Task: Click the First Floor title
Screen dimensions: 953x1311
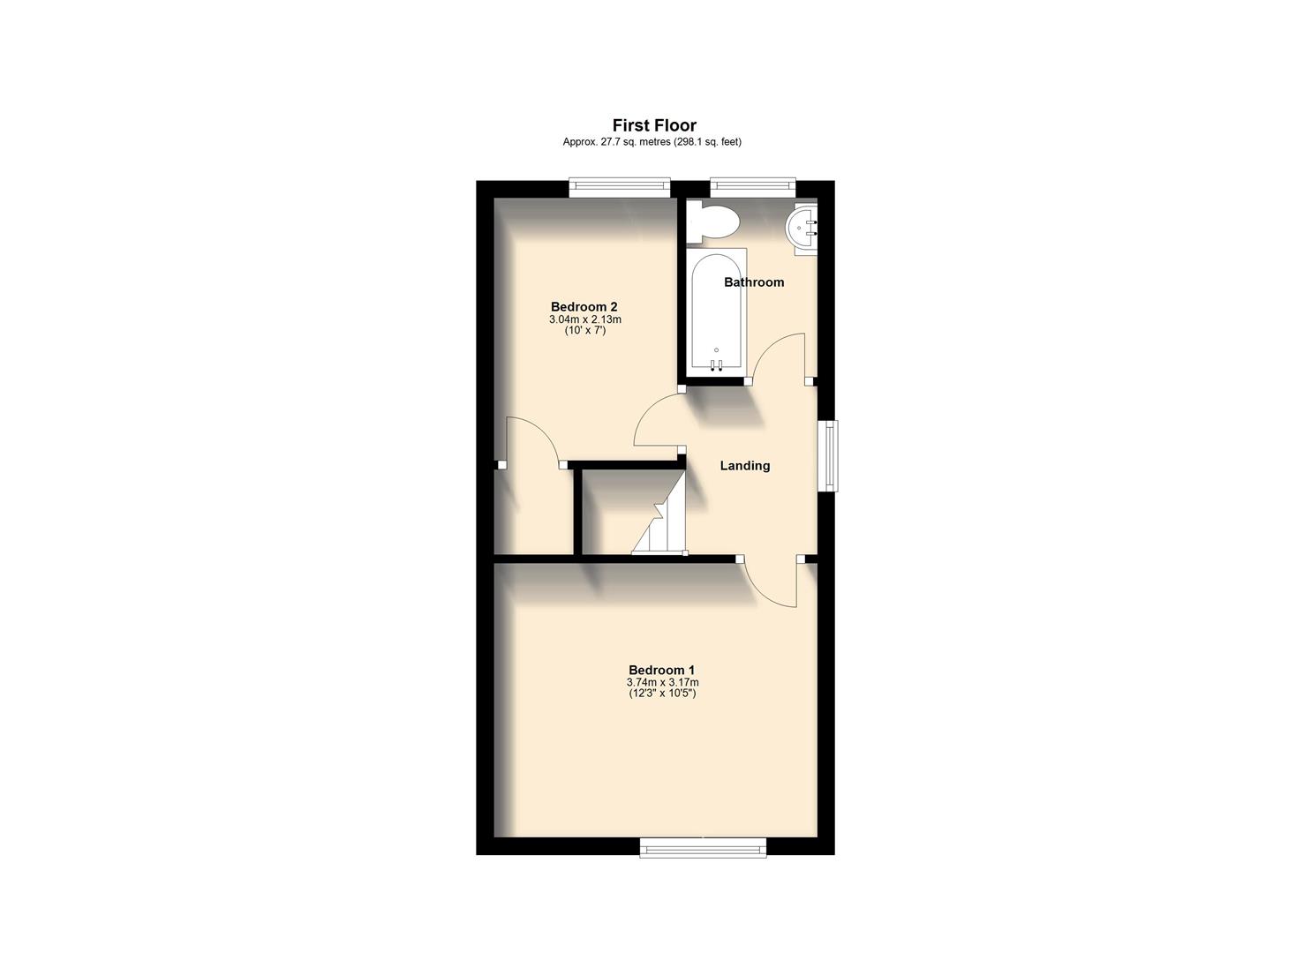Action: tap(655, 125)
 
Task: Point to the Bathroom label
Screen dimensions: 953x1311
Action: tap(754, 282)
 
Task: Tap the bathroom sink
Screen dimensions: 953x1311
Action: tap(804, 229)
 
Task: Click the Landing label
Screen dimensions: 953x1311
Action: tap(745, 466)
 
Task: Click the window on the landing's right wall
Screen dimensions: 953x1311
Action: tap(831, 455)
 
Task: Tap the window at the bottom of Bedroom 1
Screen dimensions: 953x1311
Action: tap(703, 848)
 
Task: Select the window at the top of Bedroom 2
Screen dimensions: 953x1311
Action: tap(619, 185)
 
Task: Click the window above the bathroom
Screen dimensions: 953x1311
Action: tap(752, 185)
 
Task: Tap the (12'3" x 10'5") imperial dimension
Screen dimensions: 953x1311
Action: tap(662, 694)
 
